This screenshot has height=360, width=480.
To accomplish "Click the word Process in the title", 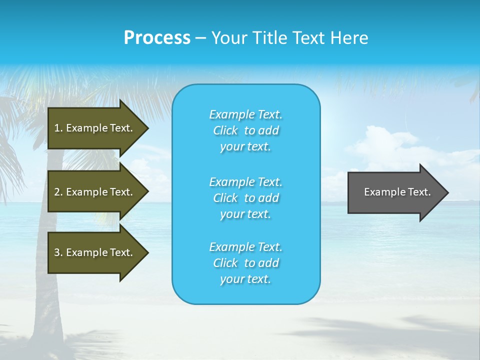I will pyautogui.click(x=157, y=38).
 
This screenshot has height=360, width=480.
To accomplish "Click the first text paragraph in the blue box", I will pyautogui.click(x=245, y=130).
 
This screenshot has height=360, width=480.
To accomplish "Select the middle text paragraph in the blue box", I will pyautogui.click(x=245, y=198).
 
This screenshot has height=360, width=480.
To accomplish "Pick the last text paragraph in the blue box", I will pyautogui.click(x=245, y=263).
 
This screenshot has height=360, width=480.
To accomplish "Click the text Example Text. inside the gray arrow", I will pyautogui.click(x=397, y=192).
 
